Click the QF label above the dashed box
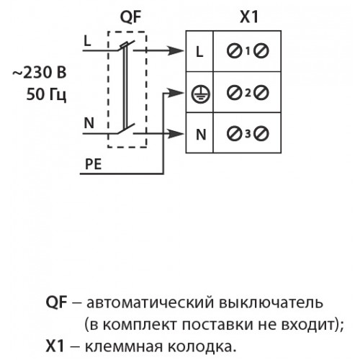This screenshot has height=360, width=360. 130,17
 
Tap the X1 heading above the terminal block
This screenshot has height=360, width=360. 249,17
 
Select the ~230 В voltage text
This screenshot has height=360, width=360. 40,73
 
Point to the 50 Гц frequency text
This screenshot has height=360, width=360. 46,94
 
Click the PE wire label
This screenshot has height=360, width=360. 94,164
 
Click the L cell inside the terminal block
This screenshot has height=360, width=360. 199,51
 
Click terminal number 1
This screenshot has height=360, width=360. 248,51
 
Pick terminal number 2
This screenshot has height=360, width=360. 248,93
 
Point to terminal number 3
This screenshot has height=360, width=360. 248,134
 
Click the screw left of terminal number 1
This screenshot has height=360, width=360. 234,51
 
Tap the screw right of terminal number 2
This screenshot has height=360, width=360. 261,93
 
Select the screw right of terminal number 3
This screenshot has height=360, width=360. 261,134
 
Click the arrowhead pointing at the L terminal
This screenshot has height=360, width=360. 176,50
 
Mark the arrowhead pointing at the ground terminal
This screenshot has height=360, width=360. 176,93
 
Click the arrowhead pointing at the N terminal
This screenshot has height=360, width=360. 176,134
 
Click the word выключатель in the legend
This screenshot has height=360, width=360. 271,303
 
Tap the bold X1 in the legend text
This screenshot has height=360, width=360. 55,346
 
